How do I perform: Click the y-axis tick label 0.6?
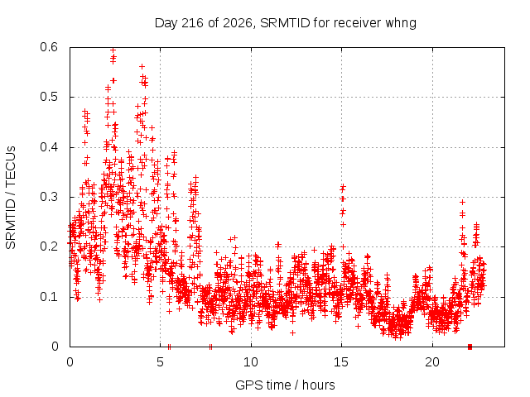click(49, 47)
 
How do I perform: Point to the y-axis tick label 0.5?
click(49, 97)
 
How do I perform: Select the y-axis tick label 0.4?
click(49, 147)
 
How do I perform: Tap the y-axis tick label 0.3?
click(49, 197)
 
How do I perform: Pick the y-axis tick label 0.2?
click(49, 246)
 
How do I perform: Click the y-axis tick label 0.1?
click(49, 297)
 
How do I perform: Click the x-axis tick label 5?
click(160, 362)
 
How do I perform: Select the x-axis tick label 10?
click(251, 362)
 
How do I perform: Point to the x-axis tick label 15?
click(341, 362)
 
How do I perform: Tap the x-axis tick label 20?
click(432, 362)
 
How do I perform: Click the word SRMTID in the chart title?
click(285, 23)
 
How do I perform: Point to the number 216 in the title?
click(192, 23)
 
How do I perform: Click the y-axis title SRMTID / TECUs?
click(11, 198)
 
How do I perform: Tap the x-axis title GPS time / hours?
click(285, 385)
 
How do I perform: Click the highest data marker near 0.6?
click(113, 50)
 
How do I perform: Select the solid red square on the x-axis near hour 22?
click(470, 347)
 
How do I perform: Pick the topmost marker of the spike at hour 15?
click(344, 186)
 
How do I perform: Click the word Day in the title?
click(166, 24)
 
